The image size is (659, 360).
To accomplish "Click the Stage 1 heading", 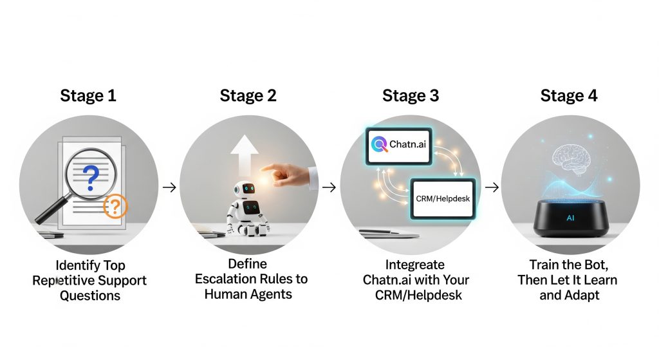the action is click(x=88, y=96).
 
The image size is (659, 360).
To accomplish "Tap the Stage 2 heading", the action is click(x=248, y=96).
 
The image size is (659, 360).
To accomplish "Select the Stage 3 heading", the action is click(x=411, y=96).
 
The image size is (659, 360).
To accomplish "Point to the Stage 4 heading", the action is click(x=569, y=96).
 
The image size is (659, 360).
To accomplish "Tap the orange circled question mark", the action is click(x=115, y=206).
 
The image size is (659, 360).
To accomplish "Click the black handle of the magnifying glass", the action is click(x=51, y=211).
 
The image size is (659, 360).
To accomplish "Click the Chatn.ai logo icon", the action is click(x=380, y=145).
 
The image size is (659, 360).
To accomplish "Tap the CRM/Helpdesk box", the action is click(x=443, y=199).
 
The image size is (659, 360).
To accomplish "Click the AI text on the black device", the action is click(x=570, y=218).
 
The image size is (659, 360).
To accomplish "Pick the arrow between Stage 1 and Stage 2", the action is click(x=169, y=187).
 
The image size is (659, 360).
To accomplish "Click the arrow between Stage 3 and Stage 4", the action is click(x=492, y=187).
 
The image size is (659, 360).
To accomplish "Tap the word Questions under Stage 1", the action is click(x=90, y=296).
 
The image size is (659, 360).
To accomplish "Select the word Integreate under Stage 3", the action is click(x=415, y=265).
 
